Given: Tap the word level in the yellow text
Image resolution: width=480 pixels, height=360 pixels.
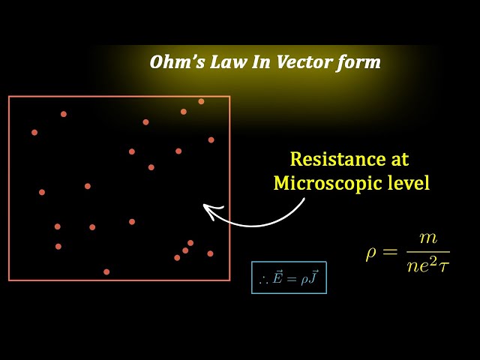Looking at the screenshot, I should pyautogui.click(x=409, y=183).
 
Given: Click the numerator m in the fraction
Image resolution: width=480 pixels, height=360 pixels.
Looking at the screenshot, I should pyautogui.click(x=428, y=238).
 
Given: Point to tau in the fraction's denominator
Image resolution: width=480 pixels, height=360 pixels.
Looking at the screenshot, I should pyautogui.click(x=443, y=266).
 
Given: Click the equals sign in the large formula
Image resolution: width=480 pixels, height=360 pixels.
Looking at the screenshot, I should pyautogui.click(x=391, y=252).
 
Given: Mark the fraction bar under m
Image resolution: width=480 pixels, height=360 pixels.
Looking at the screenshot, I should pyautogui.click(x=427, y=252).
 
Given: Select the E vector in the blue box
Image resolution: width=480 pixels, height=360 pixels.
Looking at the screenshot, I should pyautogui.click(x=278, y=277).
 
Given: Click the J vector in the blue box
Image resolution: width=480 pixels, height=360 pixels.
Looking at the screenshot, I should pyautogui.click(x=314, y=277).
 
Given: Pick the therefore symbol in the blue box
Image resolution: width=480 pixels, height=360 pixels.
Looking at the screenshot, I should pyautogui.click(x=263, y=279).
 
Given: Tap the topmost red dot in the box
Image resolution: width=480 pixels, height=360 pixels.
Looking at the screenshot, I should pyautogui.click(x=201, y=101).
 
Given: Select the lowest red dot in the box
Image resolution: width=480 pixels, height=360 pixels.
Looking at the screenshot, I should pyautogui.click(x=106, y=271).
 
